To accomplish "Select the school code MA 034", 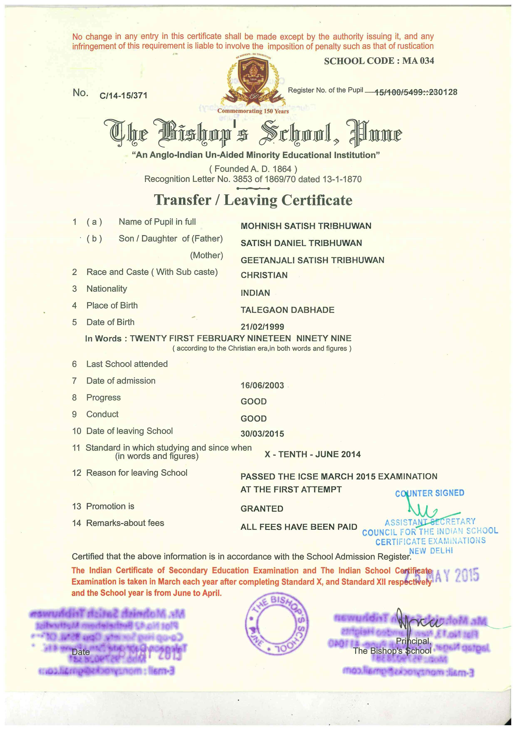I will tap(379, 61).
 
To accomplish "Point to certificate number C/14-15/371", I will tap(123, 95).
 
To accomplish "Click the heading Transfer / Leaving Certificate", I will tap(253, 200).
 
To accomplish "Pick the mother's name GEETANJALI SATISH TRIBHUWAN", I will tap(312, 260).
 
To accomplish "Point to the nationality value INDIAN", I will tap(255, 293).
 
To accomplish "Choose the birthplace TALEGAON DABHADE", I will tap(287, 310).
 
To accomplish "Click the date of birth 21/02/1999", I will tap(262, 327).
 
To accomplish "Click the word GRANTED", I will tap(262, 509).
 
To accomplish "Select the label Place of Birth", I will tap(112, 306).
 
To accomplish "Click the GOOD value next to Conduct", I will tap(254, 419).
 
